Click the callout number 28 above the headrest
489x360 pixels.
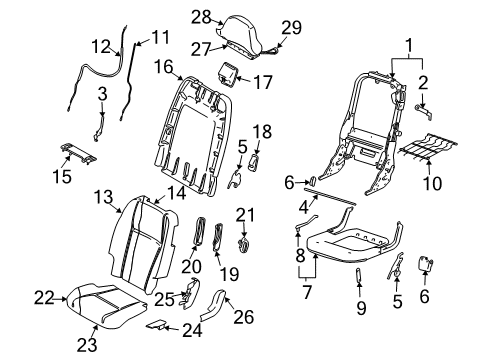point(202,16)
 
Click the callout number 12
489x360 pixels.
point(100,45)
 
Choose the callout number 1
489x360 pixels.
point(407,43)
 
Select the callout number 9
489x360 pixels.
point(360,309)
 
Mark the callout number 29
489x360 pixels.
point(291,27)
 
